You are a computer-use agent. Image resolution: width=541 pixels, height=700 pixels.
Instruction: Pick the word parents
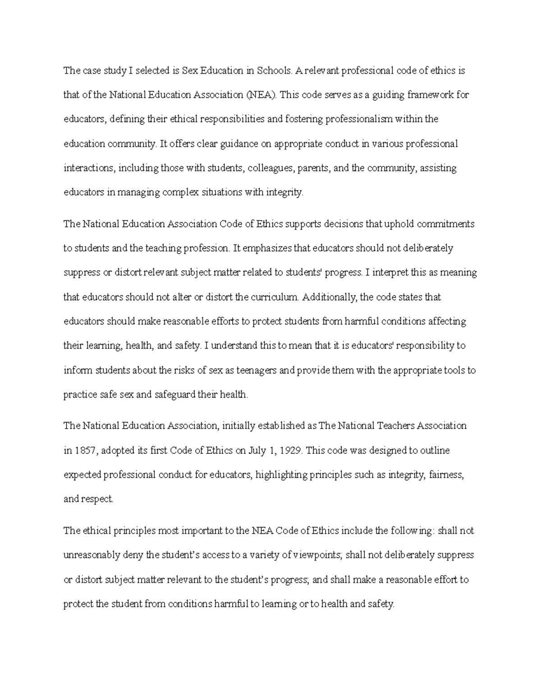point(313,168)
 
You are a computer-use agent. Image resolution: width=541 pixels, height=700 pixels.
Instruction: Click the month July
point(257,450)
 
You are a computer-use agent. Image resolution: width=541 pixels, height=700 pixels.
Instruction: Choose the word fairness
point(446,475)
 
